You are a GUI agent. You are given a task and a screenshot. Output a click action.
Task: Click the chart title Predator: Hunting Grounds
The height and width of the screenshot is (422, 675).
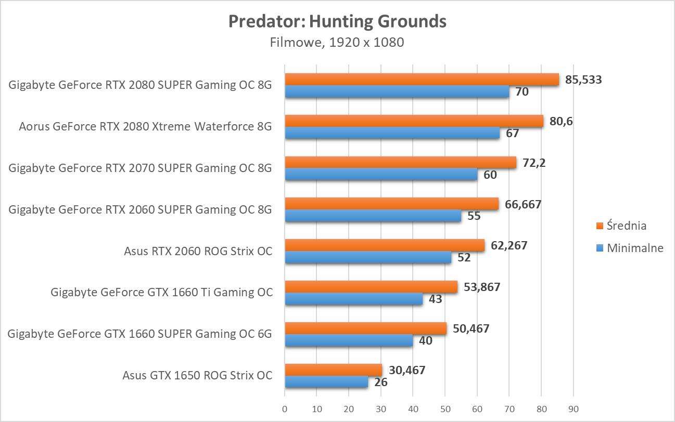point(337,21)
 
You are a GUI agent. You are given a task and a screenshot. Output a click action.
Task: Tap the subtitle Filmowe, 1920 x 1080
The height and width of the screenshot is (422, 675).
point(337,42)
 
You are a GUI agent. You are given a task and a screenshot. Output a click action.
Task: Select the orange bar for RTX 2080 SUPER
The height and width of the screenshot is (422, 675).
point(422,80)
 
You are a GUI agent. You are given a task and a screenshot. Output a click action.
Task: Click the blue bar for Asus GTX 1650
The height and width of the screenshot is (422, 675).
point(326,382)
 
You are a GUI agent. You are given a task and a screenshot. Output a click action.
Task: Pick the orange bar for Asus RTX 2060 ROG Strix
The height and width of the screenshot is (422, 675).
point(385,245)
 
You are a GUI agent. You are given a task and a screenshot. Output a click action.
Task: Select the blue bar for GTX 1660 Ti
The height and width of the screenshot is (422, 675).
point(353,299)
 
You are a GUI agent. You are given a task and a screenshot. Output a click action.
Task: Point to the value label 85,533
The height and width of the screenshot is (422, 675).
point(583,80)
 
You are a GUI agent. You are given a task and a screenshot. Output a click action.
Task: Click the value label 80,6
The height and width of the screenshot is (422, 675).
point(562,122)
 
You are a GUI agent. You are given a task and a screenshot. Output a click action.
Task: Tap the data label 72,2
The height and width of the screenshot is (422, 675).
point(533,163)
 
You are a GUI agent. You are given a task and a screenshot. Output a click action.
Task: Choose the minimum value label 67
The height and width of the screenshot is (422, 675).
point(512,134)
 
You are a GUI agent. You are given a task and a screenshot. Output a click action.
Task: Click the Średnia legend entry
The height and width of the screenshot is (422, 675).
point(621,226)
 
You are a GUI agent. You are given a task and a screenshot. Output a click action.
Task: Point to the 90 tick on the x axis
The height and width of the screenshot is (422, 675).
point(573,409)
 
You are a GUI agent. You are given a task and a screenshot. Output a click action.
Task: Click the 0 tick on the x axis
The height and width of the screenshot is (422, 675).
point(285,409)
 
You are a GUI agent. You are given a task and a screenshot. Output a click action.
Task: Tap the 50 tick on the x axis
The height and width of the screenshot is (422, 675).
point(445,409)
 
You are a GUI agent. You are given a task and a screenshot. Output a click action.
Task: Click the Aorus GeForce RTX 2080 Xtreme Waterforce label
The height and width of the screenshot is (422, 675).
point(145,126)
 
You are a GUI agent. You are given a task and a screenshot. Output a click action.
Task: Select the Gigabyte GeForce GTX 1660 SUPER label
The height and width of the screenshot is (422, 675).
point(140,334)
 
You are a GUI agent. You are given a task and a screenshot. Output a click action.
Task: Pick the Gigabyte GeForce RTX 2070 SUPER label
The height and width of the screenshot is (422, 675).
point(140,168)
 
